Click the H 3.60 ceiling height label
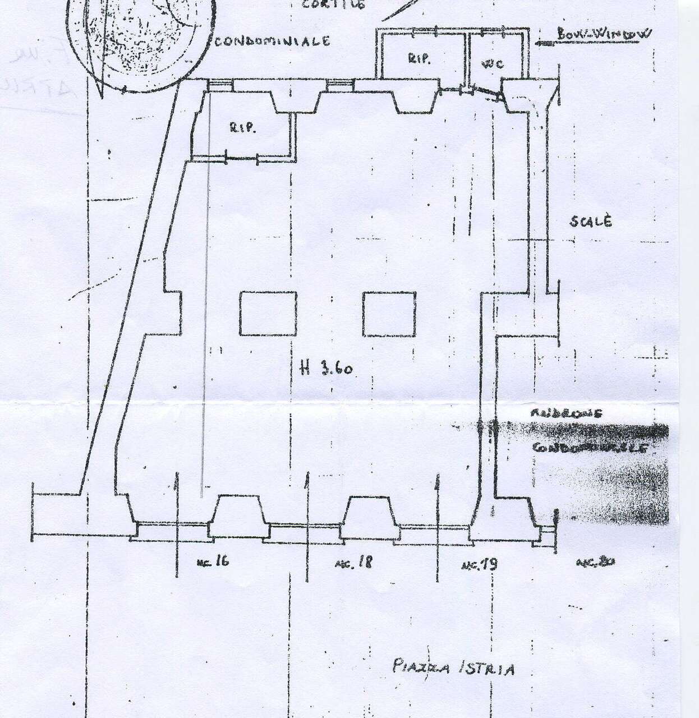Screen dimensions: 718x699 (326, 369)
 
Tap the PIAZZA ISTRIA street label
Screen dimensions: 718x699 (453, 668)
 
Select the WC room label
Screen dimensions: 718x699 (493, 63)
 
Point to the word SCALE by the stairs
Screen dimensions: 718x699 (591, 221)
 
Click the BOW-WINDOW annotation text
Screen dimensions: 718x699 (604, 34)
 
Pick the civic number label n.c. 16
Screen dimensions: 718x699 (213, 561)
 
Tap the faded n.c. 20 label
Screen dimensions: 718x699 (595, 561)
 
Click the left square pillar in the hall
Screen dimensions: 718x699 (268, 314)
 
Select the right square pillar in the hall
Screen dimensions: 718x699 (389, 314)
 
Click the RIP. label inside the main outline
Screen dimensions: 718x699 (242, 128)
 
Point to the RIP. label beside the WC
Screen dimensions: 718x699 (419, 59)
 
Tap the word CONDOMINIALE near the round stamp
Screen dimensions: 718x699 (272, 41)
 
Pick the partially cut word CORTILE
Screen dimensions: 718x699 (333, 4)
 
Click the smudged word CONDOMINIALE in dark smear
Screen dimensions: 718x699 (589, 448)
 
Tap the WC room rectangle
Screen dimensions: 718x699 (496, 56)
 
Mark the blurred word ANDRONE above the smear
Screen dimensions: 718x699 (565, 413)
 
